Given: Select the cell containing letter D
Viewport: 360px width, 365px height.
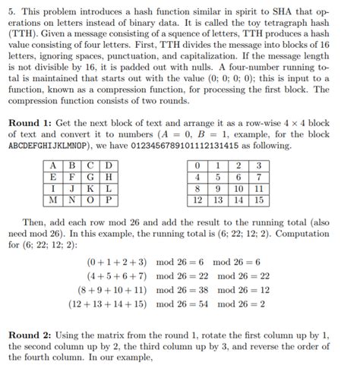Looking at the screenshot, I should coord(109,165).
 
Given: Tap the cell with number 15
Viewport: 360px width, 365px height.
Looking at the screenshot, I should coord(259,200).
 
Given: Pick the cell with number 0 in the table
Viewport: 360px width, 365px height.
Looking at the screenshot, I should coord(198,165).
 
